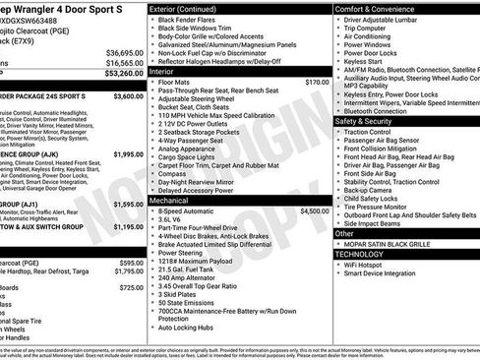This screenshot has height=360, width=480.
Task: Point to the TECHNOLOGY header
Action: (x=361, y=253)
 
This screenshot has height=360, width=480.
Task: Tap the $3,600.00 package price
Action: (x=128, y=97)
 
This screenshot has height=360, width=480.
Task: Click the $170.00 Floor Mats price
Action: (x=317, y=83)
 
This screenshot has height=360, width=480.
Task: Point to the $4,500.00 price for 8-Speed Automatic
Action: (x=315, y=210)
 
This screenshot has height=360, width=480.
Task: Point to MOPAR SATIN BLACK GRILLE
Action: (x=393, y=244)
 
